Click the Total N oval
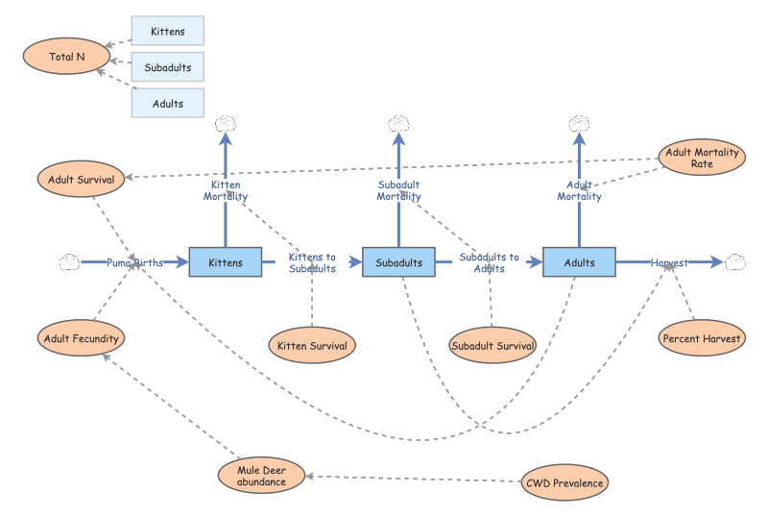67,57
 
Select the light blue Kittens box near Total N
167,31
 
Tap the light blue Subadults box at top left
167,67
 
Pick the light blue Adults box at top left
167,103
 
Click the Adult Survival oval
82,179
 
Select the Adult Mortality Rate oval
701,158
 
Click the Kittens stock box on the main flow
226,262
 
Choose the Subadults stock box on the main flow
398,262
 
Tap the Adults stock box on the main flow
579,262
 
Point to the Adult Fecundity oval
82,338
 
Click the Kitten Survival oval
312,345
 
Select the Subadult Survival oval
492,345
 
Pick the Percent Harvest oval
702,338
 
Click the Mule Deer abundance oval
261,476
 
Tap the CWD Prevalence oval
564,482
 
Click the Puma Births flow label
134,262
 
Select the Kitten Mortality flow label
226,190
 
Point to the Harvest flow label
669,262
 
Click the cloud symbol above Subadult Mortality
398,123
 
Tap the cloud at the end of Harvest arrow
736,261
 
